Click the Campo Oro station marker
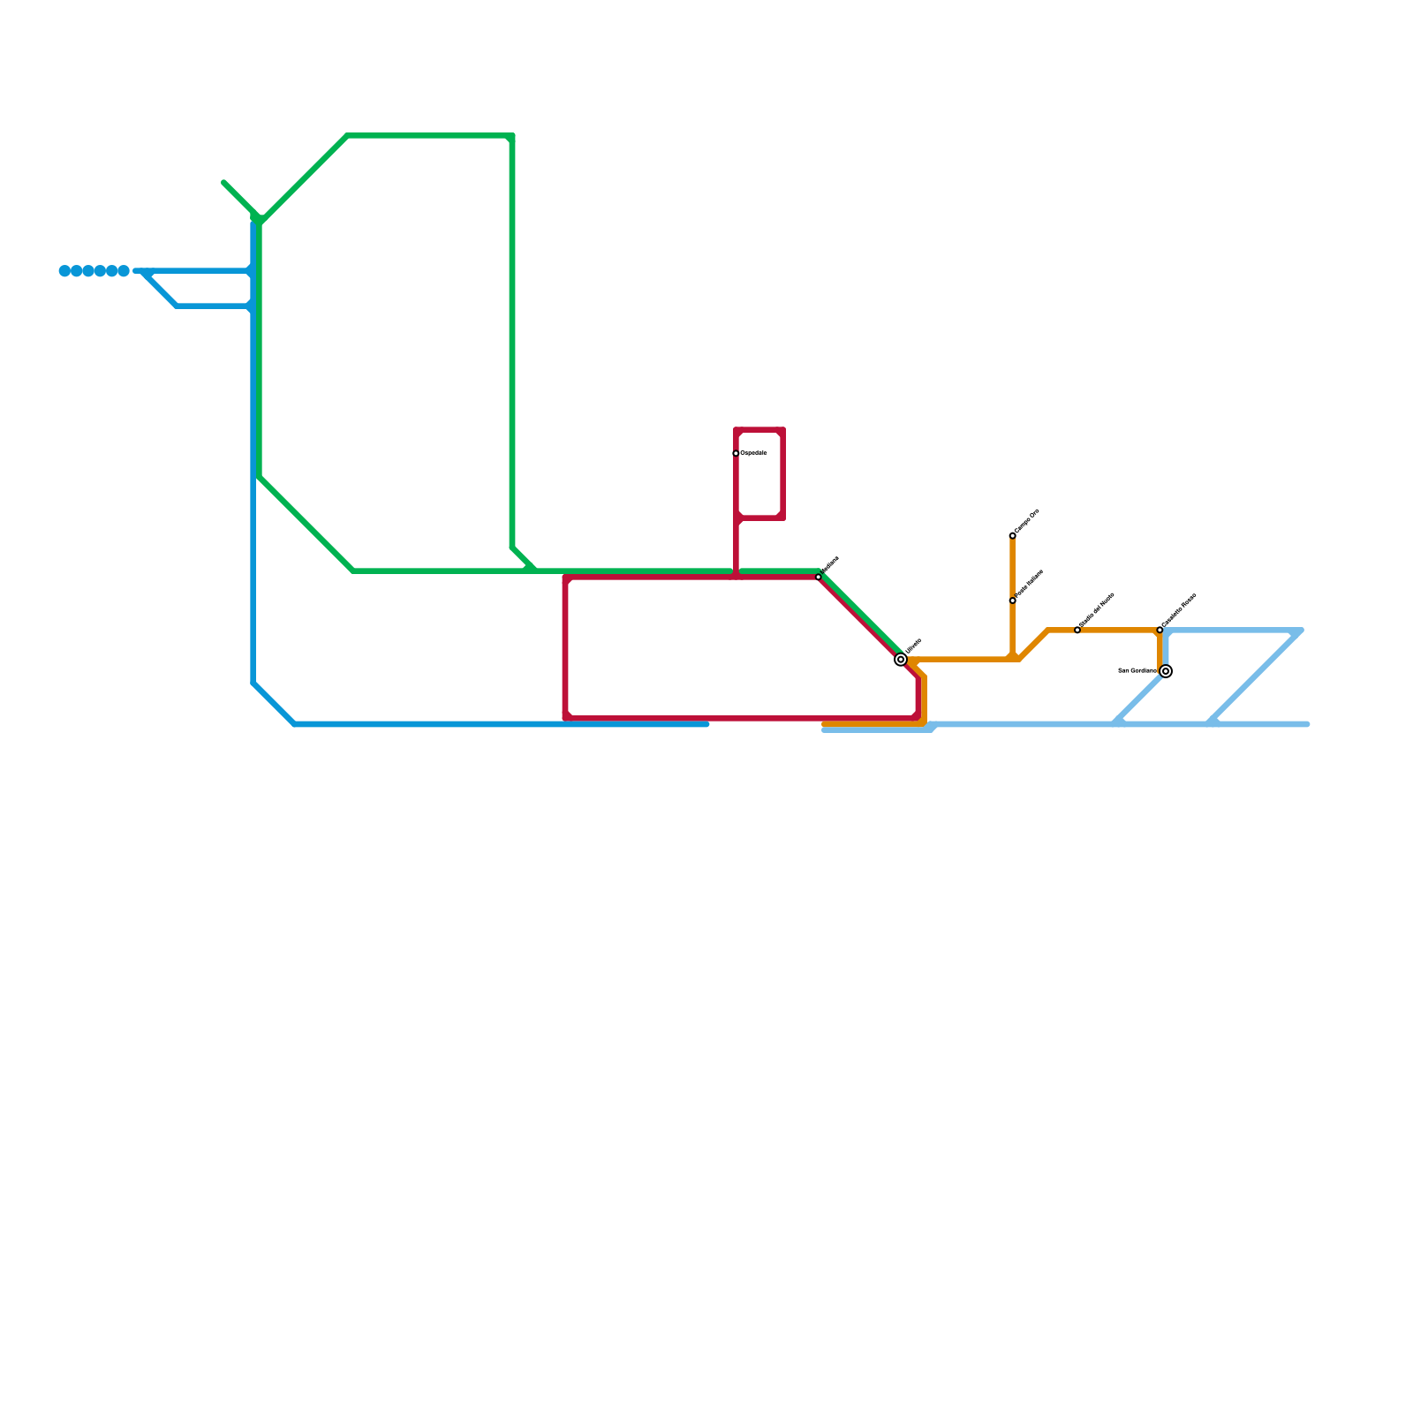point(1012,536)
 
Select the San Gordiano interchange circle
point(1166,671)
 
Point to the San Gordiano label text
point(1137,671)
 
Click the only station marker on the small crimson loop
point(736,454)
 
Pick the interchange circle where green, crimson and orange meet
point(901,660)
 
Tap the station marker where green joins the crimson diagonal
point(819,577)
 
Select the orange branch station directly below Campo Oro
point(1012,601)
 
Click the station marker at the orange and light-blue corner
point(1160,631)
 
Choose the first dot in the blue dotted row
point(64,271)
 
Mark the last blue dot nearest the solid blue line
point(124,271)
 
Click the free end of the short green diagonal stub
point(224,182)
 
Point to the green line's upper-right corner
point(512,136)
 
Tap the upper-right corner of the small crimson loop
point(782,430)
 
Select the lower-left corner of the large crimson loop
point(565,718)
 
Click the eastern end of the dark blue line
point(706,724)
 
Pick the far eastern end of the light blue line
point(1307,724)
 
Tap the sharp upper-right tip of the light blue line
point(1301,631)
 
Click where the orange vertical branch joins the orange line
point(1013,659)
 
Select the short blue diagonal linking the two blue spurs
point(161,290)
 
